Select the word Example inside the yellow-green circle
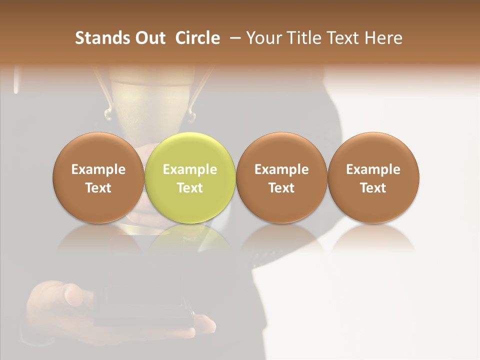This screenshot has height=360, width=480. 190,170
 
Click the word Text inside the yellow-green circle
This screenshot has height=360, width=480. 190,188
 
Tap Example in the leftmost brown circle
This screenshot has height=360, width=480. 98,170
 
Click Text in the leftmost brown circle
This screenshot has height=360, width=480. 98,188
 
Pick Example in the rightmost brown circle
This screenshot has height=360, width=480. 373,170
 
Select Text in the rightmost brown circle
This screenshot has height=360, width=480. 373,188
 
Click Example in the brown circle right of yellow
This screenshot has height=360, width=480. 281,170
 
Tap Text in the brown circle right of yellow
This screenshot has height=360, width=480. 281,188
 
